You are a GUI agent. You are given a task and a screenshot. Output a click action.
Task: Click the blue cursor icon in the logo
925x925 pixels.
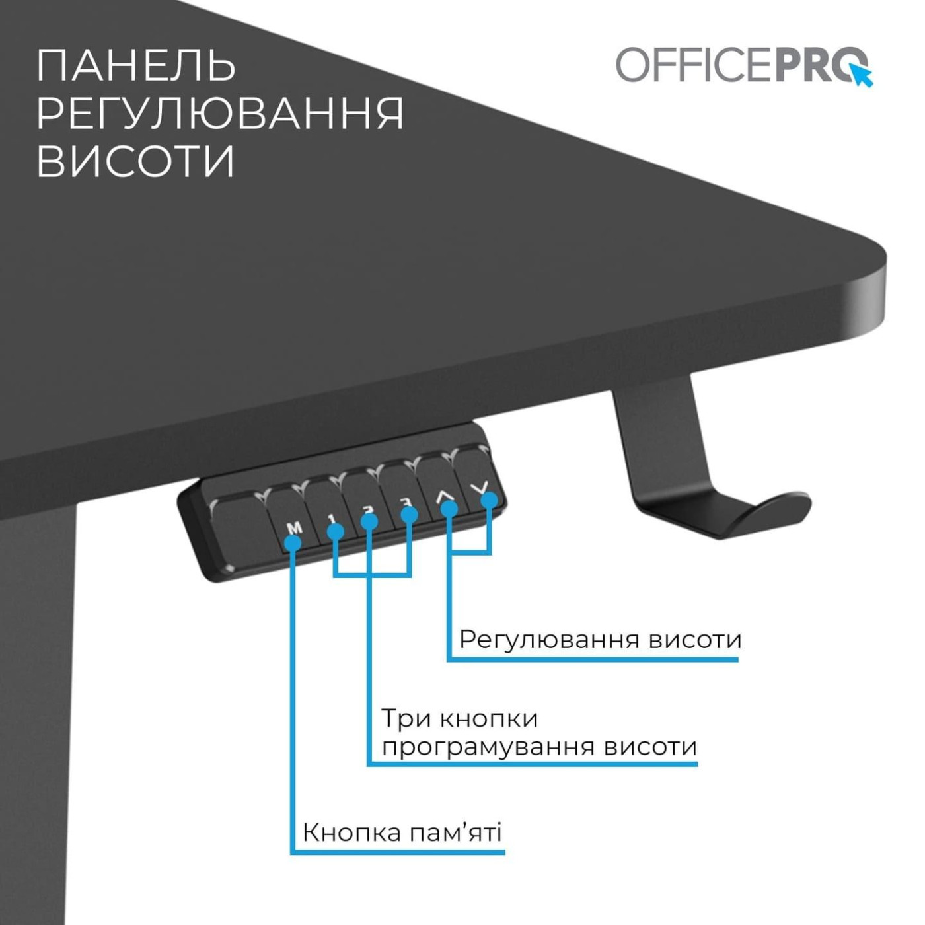click(862, 74)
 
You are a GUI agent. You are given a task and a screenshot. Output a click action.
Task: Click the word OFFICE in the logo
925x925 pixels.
click(694, 65)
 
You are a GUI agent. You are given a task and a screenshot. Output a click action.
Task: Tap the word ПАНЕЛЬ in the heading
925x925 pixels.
click(135, 65)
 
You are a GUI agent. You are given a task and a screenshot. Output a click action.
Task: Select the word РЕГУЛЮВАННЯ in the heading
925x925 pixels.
click(219, 113)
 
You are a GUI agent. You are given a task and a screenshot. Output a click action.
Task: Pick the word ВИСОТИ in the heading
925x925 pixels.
click(135, 161)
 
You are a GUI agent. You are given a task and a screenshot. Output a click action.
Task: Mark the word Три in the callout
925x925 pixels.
click(406, 718)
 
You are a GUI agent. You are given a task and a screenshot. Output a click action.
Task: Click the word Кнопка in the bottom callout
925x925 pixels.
click(351, 832)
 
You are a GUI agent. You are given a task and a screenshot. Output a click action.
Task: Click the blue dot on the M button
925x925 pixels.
click(293, 543)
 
